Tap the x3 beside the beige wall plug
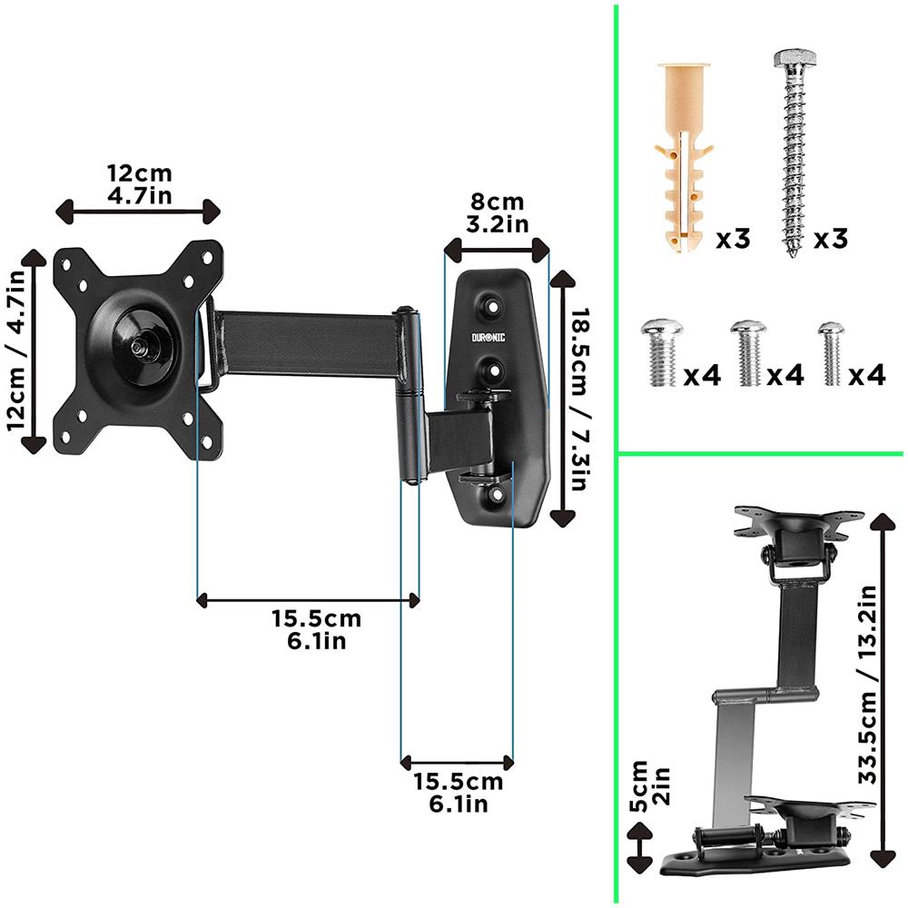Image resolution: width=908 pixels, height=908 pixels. point(733,240)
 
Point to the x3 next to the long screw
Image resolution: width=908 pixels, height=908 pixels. point(829,240)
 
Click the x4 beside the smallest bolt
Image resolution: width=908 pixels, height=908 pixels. point(867,374)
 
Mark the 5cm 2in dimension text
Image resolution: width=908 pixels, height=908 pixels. point(650,786)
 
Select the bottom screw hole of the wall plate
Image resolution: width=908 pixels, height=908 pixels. point(496,496)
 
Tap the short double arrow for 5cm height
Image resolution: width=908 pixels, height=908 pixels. point(641,848)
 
